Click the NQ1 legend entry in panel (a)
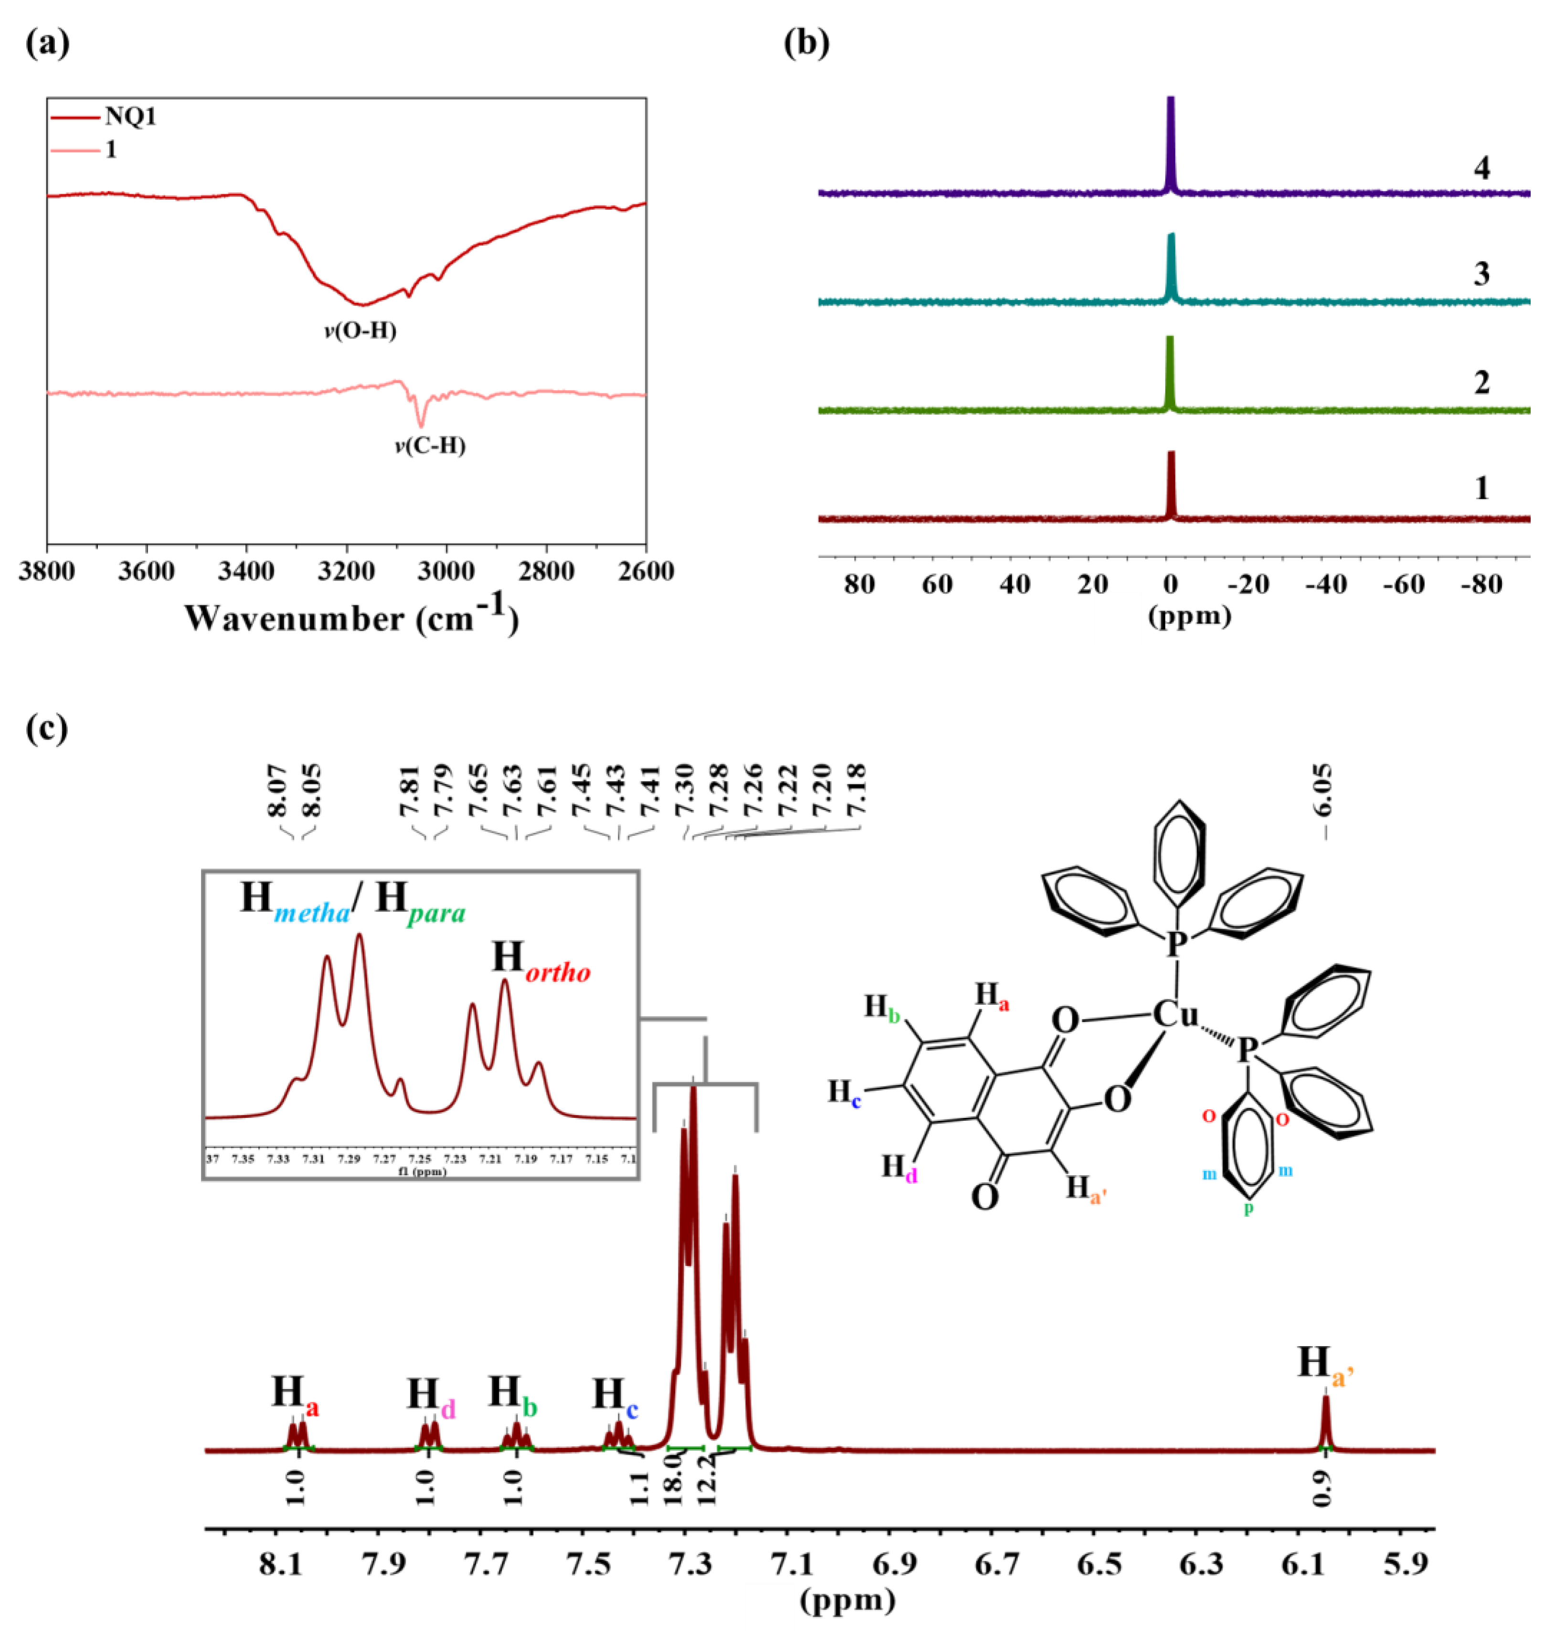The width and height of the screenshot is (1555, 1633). tap(130, 117)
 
